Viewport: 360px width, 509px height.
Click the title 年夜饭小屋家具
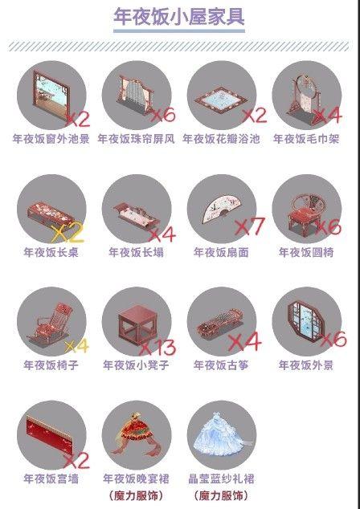tap(179, 17)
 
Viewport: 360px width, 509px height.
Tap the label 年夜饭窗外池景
tap(51, 139)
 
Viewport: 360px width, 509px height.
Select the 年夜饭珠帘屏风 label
tap(136, 139)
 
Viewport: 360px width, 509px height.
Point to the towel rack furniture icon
tap(304, 95)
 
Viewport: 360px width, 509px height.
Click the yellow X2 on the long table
tap(67, 233)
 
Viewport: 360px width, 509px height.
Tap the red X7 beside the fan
tap(250, 226)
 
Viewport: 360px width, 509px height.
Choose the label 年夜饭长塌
tap(136, 252)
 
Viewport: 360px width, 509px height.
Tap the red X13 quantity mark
tap(158, 347)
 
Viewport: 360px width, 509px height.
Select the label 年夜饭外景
tap(306, 365)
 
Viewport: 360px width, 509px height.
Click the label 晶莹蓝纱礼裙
tap(222, 478)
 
